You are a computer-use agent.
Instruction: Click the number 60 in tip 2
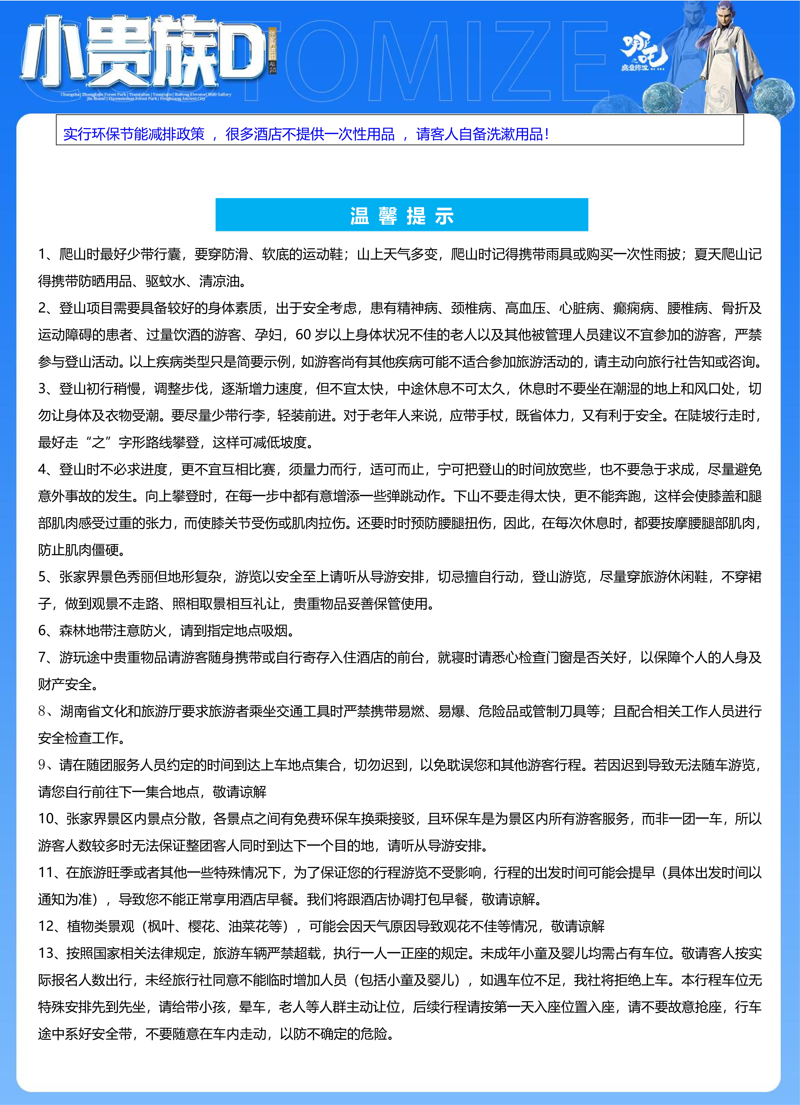point(303,335)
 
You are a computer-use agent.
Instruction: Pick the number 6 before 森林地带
point(42,630)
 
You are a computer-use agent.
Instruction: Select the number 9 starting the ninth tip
point(42,765)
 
